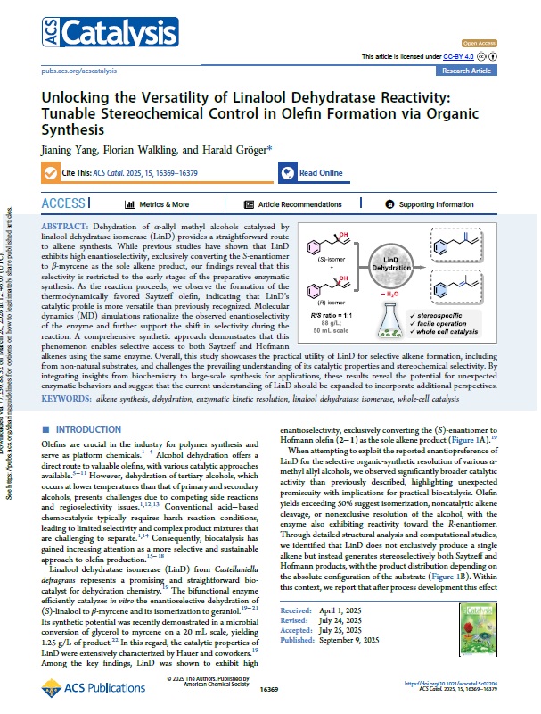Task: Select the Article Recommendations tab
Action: click(x=291, y=204)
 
